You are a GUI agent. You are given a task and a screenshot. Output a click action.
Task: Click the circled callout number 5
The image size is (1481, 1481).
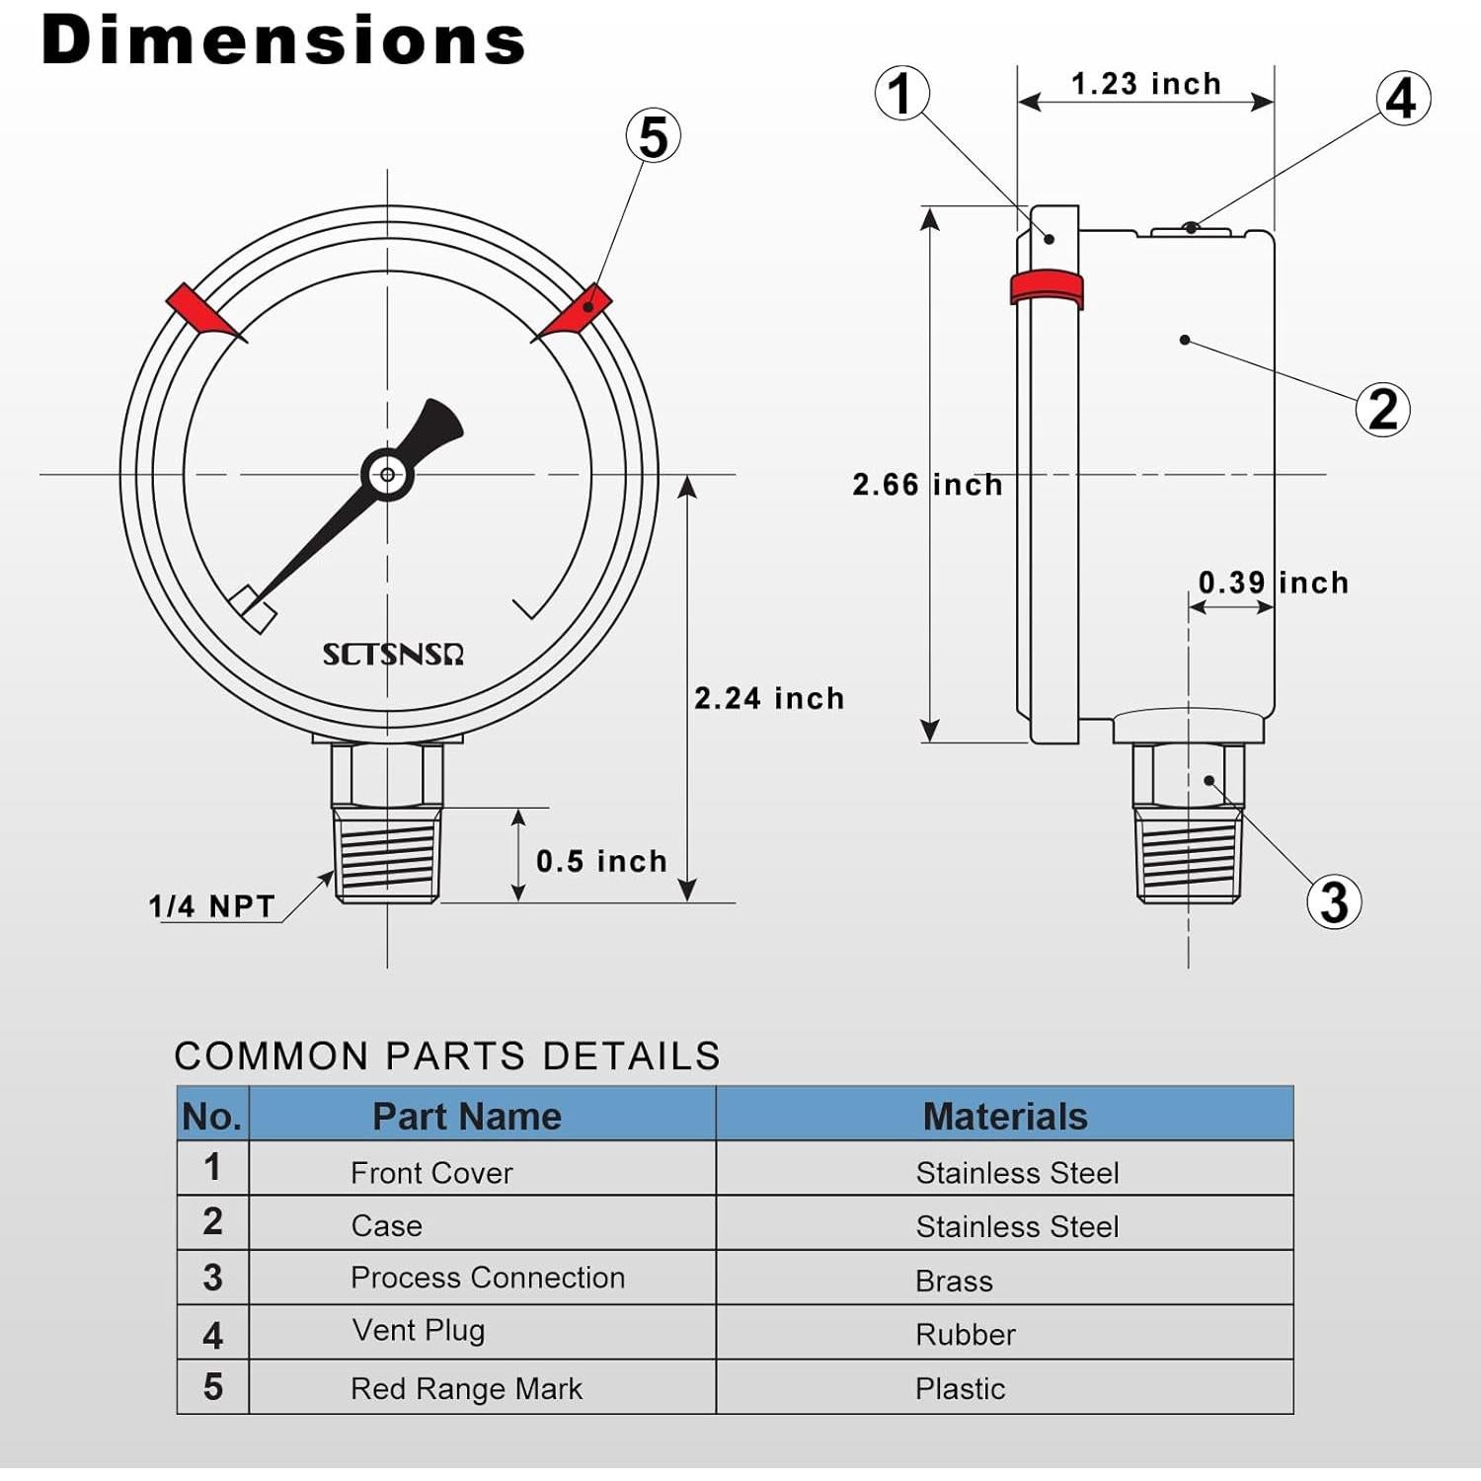click(654, 136)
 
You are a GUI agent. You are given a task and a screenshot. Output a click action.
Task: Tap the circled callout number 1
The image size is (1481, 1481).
click(901, 94)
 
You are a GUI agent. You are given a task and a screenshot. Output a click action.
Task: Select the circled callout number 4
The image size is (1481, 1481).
click(1402, 99)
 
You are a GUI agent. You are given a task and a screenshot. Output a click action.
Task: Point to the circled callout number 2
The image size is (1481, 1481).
click(1382, 409)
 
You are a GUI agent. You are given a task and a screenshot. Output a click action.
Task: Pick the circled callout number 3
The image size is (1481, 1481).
click(1334, 901)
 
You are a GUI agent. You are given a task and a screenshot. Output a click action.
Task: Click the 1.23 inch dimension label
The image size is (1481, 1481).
click(1145, 84)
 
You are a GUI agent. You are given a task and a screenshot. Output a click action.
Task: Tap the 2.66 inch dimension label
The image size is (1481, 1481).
click(927, 485)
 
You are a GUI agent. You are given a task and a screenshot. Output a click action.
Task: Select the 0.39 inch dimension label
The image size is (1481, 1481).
click(1273, 583)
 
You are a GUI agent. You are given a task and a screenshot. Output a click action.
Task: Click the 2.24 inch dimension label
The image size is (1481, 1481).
click(769, 698)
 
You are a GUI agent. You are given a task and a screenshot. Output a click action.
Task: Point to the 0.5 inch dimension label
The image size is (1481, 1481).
click(601, 861)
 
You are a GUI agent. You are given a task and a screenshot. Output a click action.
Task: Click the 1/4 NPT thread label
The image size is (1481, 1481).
click(211, 906)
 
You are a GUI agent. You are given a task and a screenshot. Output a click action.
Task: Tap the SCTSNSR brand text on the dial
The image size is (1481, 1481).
click(393, 655)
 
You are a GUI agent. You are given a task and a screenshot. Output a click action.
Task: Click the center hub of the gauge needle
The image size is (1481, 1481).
click(387, 475)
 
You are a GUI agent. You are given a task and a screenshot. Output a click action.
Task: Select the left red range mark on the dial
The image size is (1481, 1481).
click(202, 311)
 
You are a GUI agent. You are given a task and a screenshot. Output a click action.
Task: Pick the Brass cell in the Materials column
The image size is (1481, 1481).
click(954, 1281)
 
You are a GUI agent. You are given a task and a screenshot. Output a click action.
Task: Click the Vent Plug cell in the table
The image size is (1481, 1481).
click(419, 1331)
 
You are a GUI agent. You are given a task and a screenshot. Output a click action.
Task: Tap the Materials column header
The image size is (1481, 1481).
click(1004, 1116)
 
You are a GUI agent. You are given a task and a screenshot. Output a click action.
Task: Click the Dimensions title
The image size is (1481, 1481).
click(283, 41)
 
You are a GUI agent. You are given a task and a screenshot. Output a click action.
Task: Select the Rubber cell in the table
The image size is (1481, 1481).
click(965, 1335)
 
